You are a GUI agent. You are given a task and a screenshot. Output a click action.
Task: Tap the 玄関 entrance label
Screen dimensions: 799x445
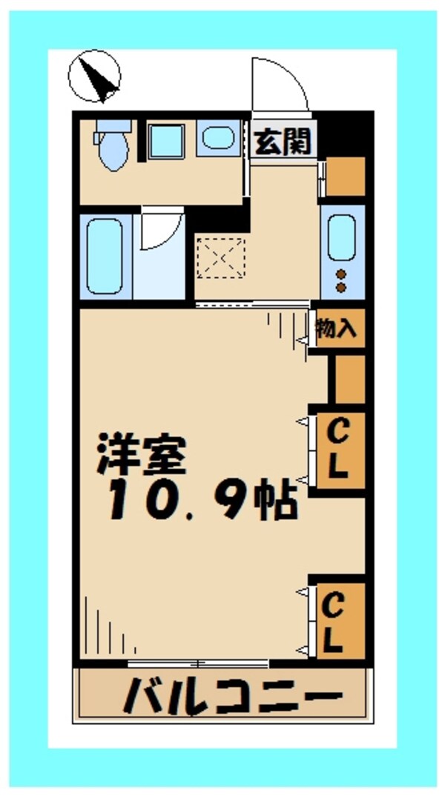pos(282,141)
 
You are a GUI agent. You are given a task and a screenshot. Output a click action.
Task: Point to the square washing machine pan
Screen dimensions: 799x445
pos(167,141)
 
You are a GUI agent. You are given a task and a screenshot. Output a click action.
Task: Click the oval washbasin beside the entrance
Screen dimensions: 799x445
pos(219,139)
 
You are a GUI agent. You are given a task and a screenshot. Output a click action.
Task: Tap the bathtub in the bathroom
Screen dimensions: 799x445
pos(105,256)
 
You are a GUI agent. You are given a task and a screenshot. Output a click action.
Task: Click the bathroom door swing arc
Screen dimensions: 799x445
pos(162,231)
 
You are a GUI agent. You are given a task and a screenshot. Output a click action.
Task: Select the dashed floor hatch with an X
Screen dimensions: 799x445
pos(220,257)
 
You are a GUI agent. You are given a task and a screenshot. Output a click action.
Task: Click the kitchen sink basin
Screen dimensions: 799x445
pos(342,236)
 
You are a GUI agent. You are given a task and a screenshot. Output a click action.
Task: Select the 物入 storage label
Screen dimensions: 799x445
pos(337,329)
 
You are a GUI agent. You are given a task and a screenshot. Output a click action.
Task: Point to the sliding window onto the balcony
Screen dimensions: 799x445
pos(197,662)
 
